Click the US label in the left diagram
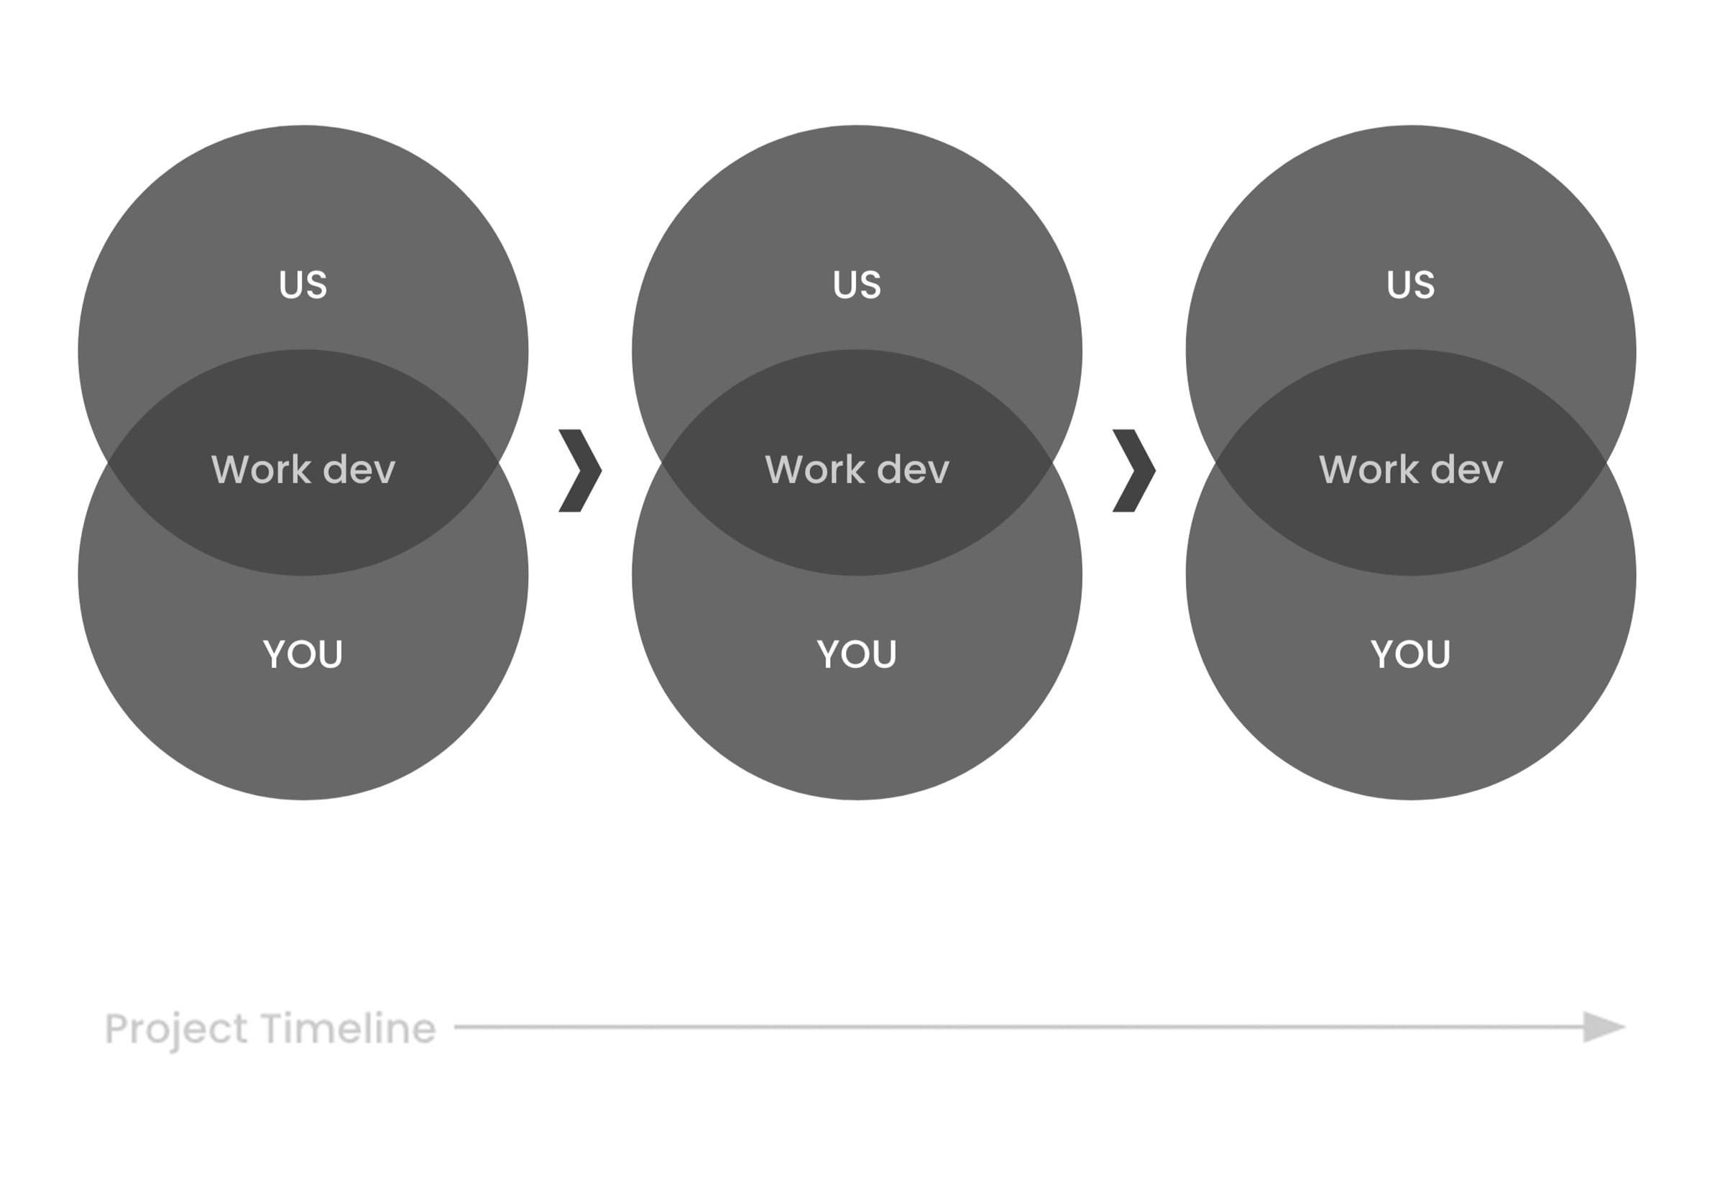(x=303, y=285)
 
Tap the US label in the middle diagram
(x=857, y=285)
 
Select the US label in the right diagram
(x=1410, y=285)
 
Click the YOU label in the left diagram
(x=303, y=654)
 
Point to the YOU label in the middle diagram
(x=857, y=654)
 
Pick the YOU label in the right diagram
(x=1410, y=654)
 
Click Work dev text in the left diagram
(x=303, y=469)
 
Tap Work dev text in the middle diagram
(x=857, y=469)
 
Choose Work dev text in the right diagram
(x=1410, y=469)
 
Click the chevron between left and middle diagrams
(x=580, y=470)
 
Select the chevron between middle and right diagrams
(x=1133, y=470)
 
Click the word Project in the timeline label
(x=176, y=1029)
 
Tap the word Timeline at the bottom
(x=348, y=1028)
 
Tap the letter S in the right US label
(x=1424, y=285)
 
